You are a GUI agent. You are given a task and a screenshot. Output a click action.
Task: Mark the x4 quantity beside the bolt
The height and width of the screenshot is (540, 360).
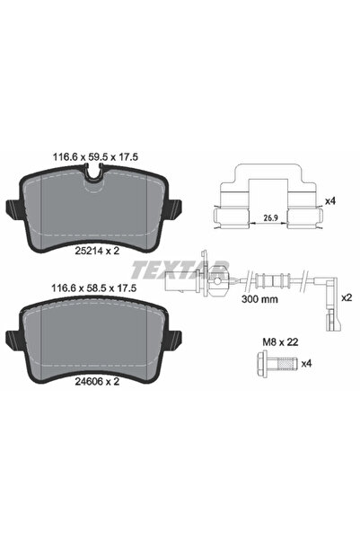coord(308,363)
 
